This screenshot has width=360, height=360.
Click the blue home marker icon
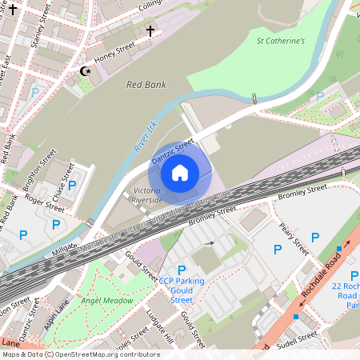click(x=179, y=172)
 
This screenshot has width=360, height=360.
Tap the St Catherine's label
click(x=281, y=40)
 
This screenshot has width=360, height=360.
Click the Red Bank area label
click(x=145, y=83)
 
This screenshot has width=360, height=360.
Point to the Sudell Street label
click(x=297, y=337)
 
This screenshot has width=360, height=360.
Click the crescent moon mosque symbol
click(x=86, y=71)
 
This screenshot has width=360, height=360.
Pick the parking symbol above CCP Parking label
click(x=182, y=270)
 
